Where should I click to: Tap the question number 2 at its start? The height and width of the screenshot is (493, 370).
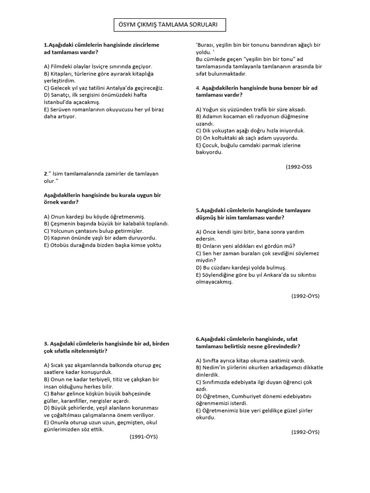click(45, 174)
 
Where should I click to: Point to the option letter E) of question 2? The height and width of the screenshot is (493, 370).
click(47, 245)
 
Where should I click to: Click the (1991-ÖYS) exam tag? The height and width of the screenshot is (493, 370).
click(144, 437)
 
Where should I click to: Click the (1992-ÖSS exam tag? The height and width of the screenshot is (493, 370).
click(299, 167)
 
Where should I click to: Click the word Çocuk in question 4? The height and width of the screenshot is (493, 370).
click(212, 145)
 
